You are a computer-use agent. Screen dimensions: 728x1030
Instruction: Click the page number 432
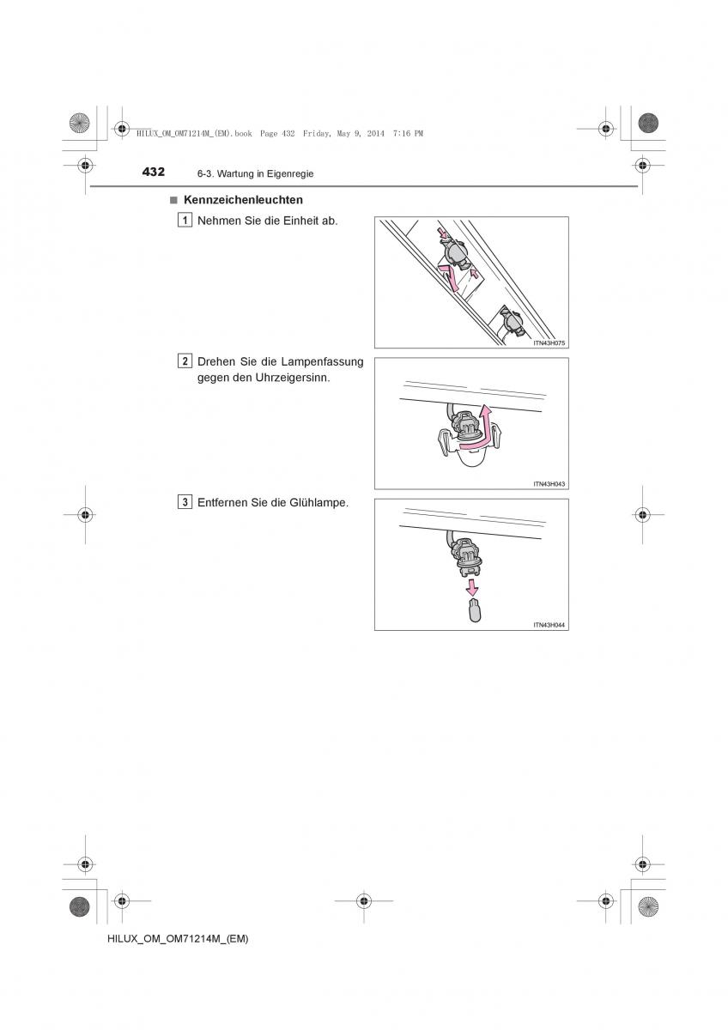coord(154,172)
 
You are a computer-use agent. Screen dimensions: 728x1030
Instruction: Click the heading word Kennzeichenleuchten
coord(243,200)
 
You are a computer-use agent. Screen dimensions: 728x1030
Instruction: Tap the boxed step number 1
coord(185,221)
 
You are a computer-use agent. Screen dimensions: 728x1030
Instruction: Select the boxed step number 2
coord(185,361)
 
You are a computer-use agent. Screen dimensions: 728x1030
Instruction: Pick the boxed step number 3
coord(185,502)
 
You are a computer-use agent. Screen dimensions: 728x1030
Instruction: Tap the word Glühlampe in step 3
coord(318,503)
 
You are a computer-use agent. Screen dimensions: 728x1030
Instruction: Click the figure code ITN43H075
coord(549,343)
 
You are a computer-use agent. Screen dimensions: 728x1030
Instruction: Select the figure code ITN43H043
coord(549,484)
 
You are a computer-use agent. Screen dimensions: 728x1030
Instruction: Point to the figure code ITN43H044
coord(549,626)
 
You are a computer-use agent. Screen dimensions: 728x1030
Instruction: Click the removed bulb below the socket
coord(474,610)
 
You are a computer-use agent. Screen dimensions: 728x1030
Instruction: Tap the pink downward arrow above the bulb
coord(471,587)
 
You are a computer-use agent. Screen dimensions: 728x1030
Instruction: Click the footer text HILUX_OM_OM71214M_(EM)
coord(178,939)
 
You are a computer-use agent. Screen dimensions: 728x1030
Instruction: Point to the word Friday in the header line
coord(318,133)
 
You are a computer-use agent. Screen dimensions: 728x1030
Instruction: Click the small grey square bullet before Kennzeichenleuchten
coord(173,200)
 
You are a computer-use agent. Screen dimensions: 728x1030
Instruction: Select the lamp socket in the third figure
coord(467,557)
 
